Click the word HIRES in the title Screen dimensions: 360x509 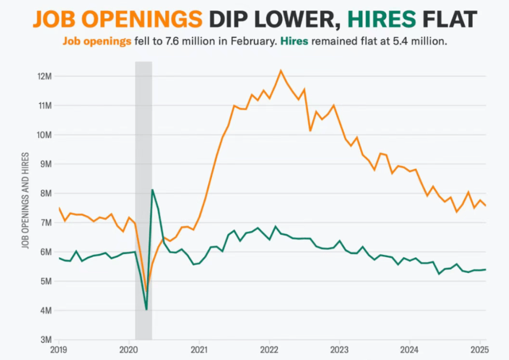pos(384,19)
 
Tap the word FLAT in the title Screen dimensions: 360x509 pos(449,19)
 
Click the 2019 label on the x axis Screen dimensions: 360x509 pos(59,350)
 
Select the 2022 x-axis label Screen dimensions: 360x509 pos(269,350)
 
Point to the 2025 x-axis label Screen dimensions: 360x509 pos(480,350)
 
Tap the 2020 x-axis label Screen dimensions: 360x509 pos(128,350)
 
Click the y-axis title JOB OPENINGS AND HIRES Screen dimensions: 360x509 pos(25,201)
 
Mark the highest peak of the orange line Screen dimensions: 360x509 pos(281,70)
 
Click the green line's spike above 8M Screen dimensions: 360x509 pos(152,190)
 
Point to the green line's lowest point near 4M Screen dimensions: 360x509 pos(147,309)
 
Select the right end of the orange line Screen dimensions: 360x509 pos(486,206)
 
